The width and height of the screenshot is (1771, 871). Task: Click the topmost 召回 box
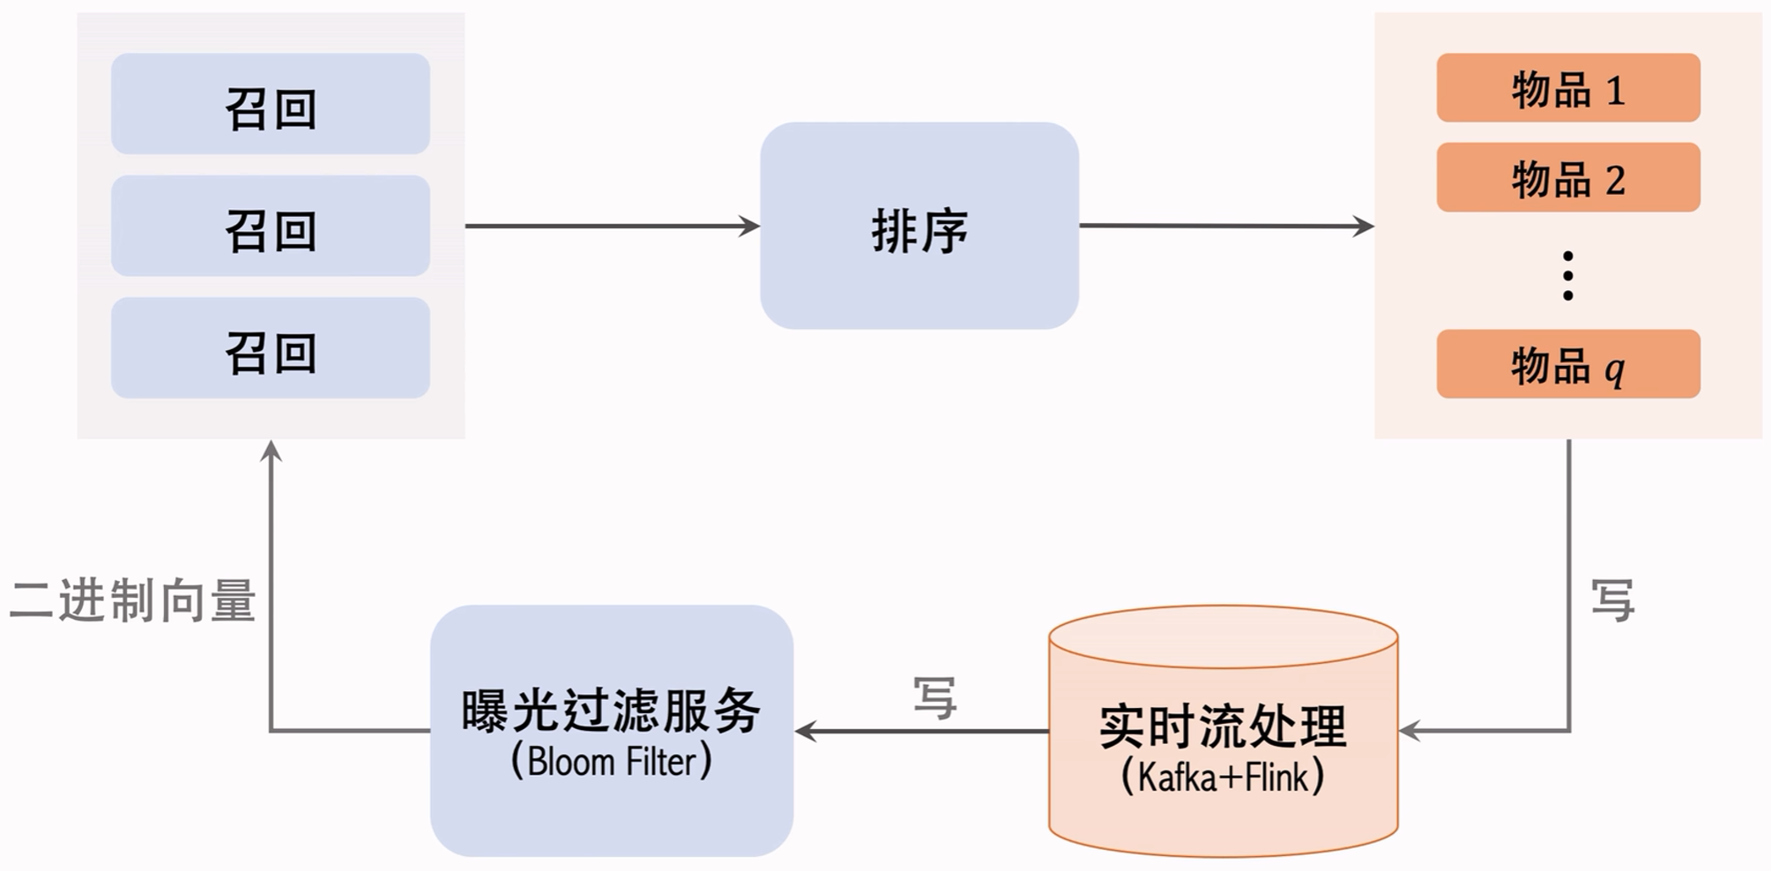click(x=270, y=104)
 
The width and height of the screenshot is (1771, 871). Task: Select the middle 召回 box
click(x=270, y=226)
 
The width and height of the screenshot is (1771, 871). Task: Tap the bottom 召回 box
click(x=270, y=347)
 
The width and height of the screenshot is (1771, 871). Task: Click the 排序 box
click(x=919, y=226)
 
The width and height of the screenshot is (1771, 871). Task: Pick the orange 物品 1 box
click(x=1567, y=88)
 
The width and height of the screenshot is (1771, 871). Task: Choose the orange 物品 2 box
click(x=1567, y=177)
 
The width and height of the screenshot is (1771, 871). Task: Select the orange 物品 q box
click(x=1567, y=364)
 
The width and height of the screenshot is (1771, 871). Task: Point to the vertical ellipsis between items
click(x=1567, y=276)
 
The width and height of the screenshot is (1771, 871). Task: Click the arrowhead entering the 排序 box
click(x=750, y=227)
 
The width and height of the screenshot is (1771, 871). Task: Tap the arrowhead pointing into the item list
click(x=1364, y=227)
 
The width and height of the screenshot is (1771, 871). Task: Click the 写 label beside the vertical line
click(x=1612, y=600)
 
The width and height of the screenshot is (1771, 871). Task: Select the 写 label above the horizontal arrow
click(x=934, y=698)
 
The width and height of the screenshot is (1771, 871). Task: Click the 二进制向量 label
click(x=132, y=601)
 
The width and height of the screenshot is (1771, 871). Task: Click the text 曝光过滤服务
click(x=611, y=711)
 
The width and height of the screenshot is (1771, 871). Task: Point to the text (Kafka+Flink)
click(x=1223, y=777)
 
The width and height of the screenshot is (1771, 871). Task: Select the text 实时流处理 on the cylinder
click(x=1223, y=726)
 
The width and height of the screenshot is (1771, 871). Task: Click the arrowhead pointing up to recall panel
click(x=271, y=451)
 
